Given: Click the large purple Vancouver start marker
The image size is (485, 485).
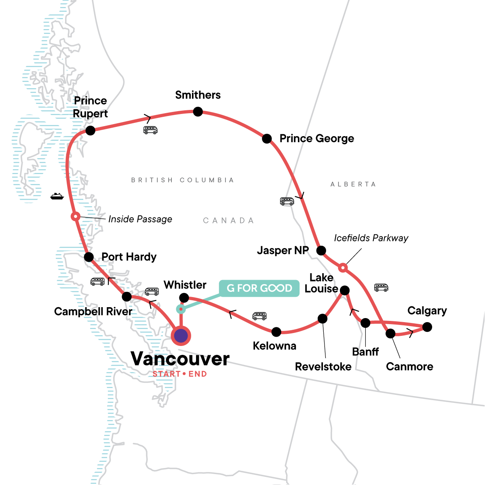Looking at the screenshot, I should coord(181,335).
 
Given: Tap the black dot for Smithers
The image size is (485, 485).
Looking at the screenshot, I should coord(198,112).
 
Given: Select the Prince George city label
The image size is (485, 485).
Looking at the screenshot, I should coord(316,139).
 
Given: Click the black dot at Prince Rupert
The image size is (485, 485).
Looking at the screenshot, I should coord(91,131).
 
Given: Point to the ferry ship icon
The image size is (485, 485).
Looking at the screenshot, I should coord(57,196).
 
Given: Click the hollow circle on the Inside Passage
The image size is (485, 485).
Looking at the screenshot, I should coord(75,217).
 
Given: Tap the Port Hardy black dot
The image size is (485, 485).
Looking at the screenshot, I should coord(89,257).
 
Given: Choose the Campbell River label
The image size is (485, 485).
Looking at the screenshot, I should coord(93,312).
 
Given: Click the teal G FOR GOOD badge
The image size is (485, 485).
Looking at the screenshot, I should coord(259,288).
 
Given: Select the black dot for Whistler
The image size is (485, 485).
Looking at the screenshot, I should coord(184,298).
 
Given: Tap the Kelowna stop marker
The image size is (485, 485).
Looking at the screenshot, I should coord(276,332).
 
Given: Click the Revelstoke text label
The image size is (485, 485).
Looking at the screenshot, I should coord(323,367).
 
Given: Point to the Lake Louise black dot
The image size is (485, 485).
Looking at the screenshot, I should coord(344,290).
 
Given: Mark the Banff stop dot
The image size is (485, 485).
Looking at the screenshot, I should coord(365,323).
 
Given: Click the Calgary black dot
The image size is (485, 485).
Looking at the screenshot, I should coord(427,327).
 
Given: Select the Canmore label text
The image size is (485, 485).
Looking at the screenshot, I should coord(409,367).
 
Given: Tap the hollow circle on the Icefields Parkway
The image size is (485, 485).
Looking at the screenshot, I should coord(343,267).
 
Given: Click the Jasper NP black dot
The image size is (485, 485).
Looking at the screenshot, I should coord(321,251).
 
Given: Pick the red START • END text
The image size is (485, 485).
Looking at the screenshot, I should coord(180,374).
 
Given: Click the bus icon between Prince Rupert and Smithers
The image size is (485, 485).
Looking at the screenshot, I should coord(150,130).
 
